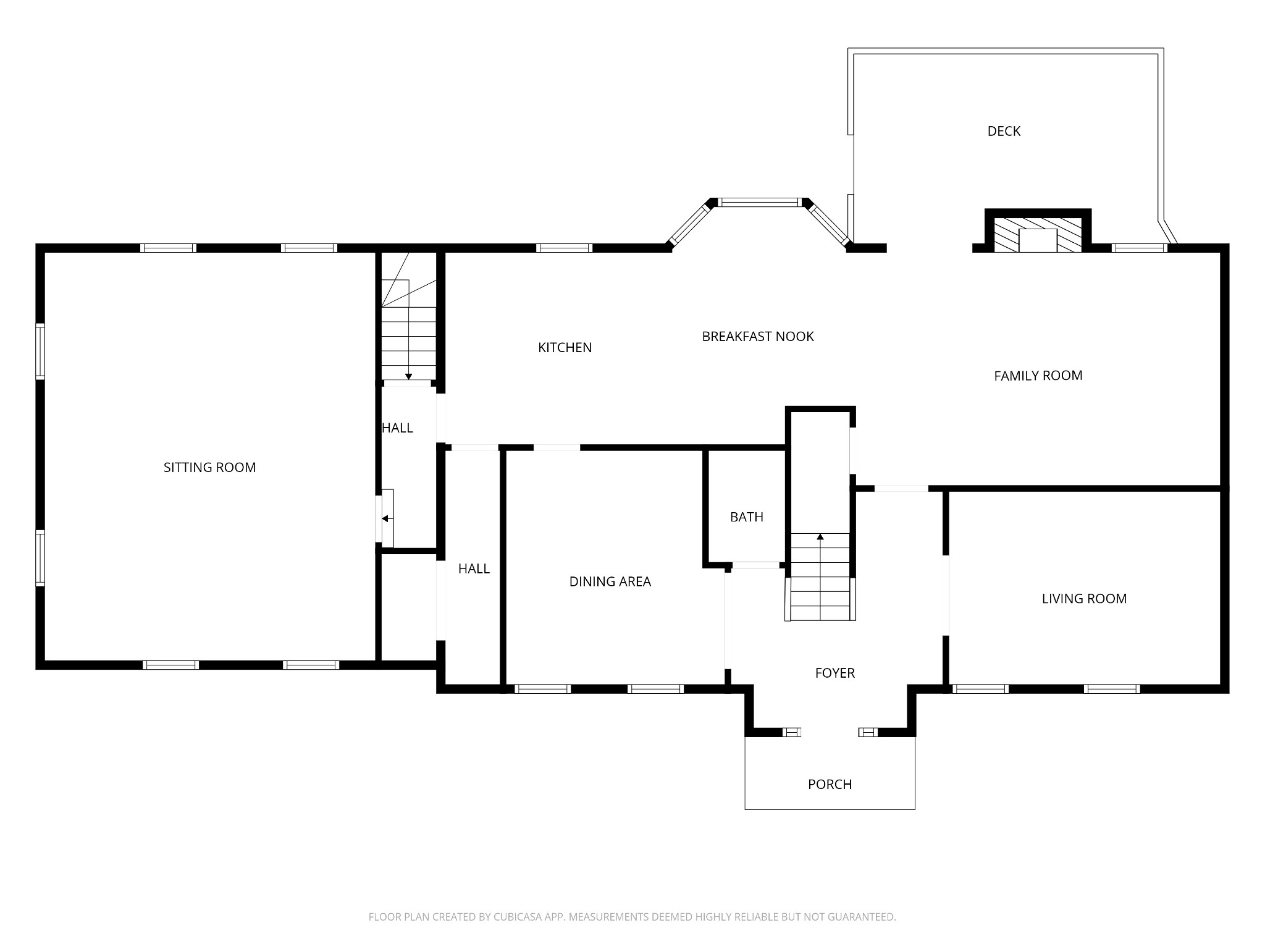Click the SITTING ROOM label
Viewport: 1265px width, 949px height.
(209, 468)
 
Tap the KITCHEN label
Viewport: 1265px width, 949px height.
(565, 348)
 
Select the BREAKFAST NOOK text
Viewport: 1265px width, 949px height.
(757, 337)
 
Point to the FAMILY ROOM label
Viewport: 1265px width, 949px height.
(1038, 376)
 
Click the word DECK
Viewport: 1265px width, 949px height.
(1004, 131)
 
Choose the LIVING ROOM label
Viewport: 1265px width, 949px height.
(1084, 599)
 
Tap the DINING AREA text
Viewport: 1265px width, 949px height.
(610, 581)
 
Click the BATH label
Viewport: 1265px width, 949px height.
(746, 517)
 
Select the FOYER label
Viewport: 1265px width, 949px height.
(834, 673)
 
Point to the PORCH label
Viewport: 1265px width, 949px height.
(830, 785)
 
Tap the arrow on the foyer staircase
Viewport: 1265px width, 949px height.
(820, 538)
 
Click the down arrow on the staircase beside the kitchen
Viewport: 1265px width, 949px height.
(408, 376)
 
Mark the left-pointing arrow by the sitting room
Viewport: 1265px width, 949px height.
(385, 519)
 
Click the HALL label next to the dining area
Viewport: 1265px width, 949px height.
(474, 569)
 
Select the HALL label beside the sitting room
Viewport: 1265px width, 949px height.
(397, 428)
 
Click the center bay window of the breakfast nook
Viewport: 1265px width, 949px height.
(760, 202)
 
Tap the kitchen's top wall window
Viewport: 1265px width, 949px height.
(564, 248)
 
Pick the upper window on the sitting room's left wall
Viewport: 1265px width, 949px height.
(40, 351)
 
